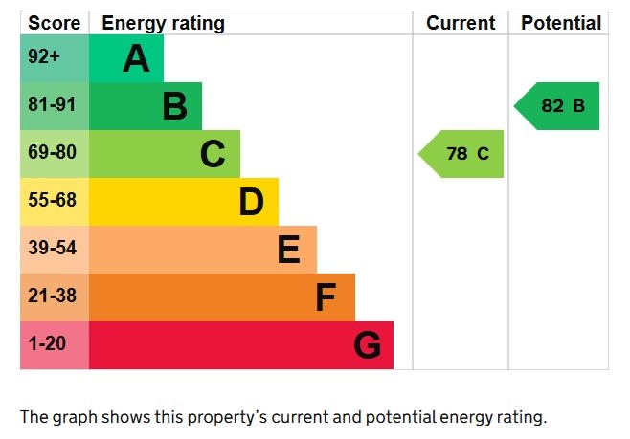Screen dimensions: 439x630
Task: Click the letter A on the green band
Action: point(136,59)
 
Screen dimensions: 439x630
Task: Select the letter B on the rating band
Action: point(174,106)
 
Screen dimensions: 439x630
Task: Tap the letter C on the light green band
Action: point(213,154)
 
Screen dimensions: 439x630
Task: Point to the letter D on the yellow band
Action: point(251,202)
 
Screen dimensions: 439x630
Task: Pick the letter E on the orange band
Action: point(288,250)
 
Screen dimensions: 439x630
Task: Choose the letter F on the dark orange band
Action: point(326,297)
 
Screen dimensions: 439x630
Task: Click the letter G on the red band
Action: point(367,345)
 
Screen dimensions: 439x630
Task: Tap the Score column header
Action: point(54,23)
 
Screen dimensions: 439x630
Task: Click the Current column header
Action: point(461,23)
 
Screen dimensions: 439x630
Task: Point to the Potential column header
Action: point(561,23)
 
